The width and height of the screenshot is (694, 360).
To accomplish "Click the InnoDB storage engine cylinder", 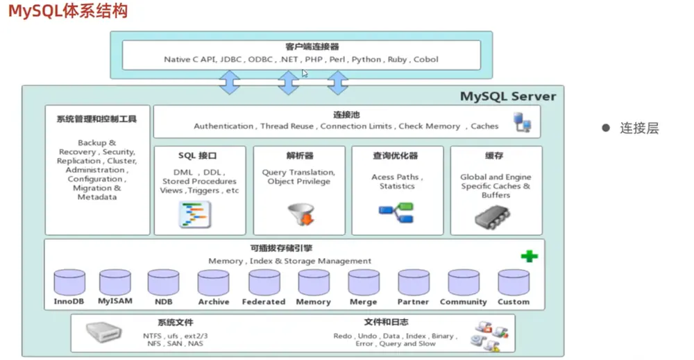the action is (x=69, y=282).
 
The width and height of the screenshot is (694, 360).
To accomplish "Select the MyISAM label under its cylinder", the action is (x=115, y=301).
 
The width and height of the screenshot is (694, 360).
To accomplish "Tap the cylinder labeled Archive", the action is (x=213, y=282).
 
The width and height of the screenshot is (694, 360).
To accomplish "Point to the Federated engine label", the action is (x=263, y=302).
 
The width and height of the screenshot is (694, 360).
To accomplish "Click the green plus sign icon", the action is (x=530, y=256).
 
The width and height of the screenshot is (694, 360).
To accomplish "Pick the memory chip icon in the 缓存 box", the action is (x=492, y=216).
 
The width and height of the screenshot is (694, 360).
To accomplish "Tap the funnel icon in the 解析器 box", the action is (x=301, y=214).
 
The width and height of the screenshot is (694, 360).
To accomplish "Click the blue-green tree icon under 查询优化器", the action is (x=396, y=213).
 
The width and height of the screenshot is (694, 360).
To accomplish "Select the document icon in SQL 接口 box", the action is (x=195, y=214).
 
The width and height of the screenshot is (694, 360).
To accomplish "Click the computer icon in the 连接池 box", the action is (x=523, y=122).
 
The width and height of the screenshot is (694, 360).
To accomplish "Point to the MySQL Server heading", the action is (x=508, y=96).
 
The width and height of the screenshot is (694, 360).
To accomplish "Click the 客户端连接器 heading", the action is (x=312, y=47).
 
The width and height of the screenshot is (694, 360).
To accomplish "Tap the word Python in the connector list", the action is (x=366, y=59).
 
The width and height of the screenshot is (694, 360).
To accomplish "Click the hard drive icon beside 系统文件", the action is (x=103, y=332).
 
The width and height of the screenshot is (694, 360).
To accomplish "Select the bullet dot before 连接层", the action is (x=606, y=128).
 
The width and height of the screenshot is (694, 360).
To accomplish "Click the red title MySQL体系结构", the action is (x=68, y=11).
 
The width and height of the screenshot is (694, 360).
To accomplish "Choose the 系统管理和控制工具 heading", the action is (x=96, y=119).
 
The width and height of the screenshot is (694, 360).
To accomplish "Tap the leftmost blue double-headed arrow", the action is (x=229, y=83).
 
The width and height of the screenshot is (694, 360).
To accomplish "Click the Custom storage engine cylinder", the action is (x=514, y=282).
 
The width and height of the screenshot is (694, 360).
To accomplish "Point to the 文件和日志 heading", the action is (x=386, y=322).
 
